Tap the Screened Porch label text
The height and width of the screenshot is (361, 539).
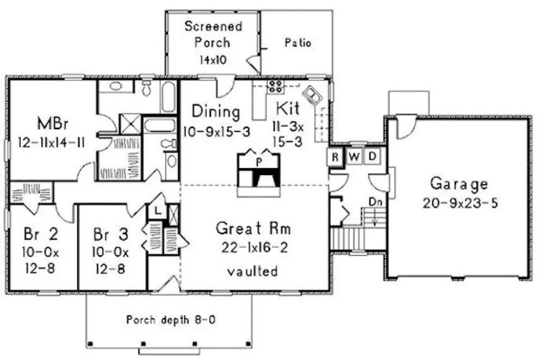tap(206, 34)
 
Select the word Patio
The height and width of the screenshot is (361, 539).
tap(298, 43)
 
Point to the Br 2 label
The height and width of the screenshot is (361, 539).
tap(41, 235)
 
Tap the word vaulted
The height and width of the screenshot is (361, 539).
tap(253, 271)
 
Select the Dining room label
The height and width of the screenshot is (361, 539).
tap(216, 112)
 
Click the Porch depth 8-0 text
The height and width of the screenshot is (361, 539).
tap(171, 319)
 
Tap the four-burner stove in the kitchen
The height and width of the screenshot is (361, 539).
tap(275, 85)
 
